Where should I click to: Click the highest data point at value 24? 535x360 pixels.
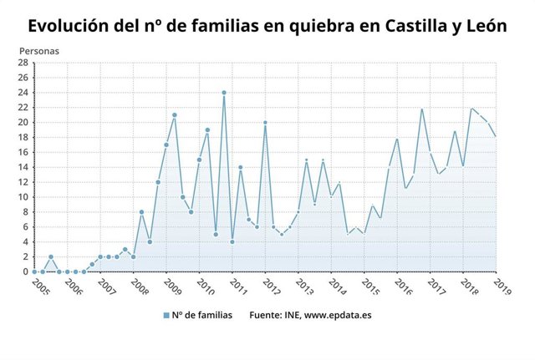(224, 92)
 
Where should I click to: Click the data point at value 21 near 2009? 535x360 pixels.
(175, 114)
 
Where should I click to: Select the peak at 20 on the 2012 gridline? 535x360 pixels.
(265, 122)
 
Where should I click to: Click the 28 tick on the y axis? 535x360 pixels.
(24, 63)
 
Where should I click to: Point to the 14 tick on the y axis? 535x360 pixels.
(24, 167)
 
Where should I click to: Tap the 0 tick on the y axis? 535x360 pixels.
(27, 271)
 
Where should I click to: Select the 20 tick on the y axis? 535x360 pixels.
(24, 122)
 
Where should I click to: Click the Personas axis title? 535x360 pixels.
(38, 50)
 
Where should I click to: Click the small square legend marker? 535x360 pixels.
(166, 316)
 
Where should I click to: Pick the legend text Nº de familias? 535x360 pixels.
(202, 316)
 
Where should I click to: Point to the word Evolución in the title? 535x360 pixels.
(68, 25)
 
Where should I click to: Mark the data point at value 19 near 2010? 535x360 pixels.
(207, 129)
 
